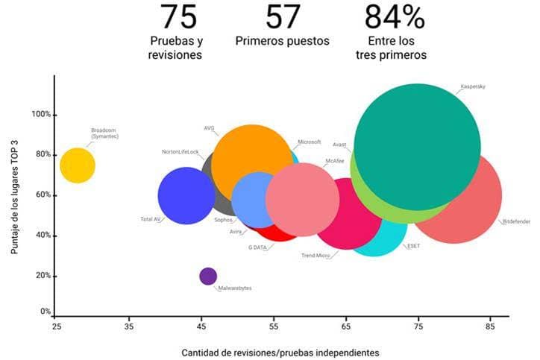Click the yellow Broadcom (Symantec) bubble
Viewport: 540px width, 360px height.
pyautogui.click(x=78, y=165)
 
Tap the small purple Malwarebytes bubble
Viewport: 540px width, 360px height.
pyautogui.click(x=209, y=276)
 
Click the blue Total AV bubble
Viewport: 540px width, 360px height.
pyautogui.click(x=186, y=195)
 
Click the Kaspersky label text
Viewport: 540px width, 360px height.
pyautogui.click(x=474, y=86)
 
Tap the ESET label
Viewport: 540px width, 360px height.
pyautogui.click(x=414, y=246)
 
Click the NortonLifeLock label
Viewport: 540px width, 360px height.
pyautogui.click(x=180, y=151)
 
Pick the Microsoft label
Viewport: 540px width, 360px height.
pyautogui.click(x=310, y=142)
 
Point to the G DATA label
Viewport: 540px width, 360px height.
pyautogui.click(x=257, y=247)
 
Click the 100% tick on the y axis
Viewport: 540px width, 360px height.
pyautogui.click(x=41, y=115)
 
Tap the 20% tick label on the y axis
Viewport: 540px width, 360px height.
pyautogui.click(x=43, y=276)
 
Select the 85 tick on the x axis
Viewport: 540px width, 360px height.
pyautogui.click(x=490, y=326)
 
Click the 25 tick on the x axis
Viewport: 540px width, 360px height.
pyautogui.click(x=56, y=326)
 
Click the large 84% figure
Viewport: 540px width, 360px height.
pyautogui.click(x=395, y=16)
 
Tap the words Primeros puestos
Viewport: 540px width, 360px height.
pyautogui.click(x=282, y=41)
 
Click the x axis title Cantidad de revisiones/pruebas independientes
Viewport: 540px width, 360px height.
pyautogui.click(x=280, y=352)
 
